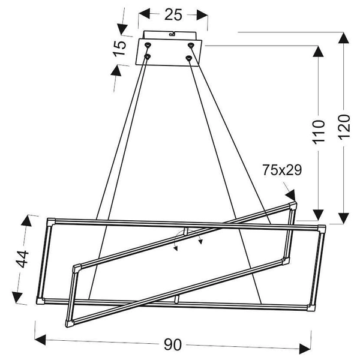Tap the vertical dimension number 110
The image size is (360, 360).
(x=319, y=131)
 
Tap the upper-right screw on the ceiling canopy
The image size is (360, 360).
(x=191, y=46)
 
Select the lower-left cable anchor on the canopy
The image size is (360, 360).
(x=147, y=58)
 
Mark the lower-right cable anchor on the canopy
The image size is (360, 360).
(x=190, y=58)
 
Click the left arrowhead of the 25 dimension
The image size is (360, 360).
(x=143, y=14)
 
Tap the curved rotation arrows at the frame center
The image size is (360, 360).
(x=187, y=240)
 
